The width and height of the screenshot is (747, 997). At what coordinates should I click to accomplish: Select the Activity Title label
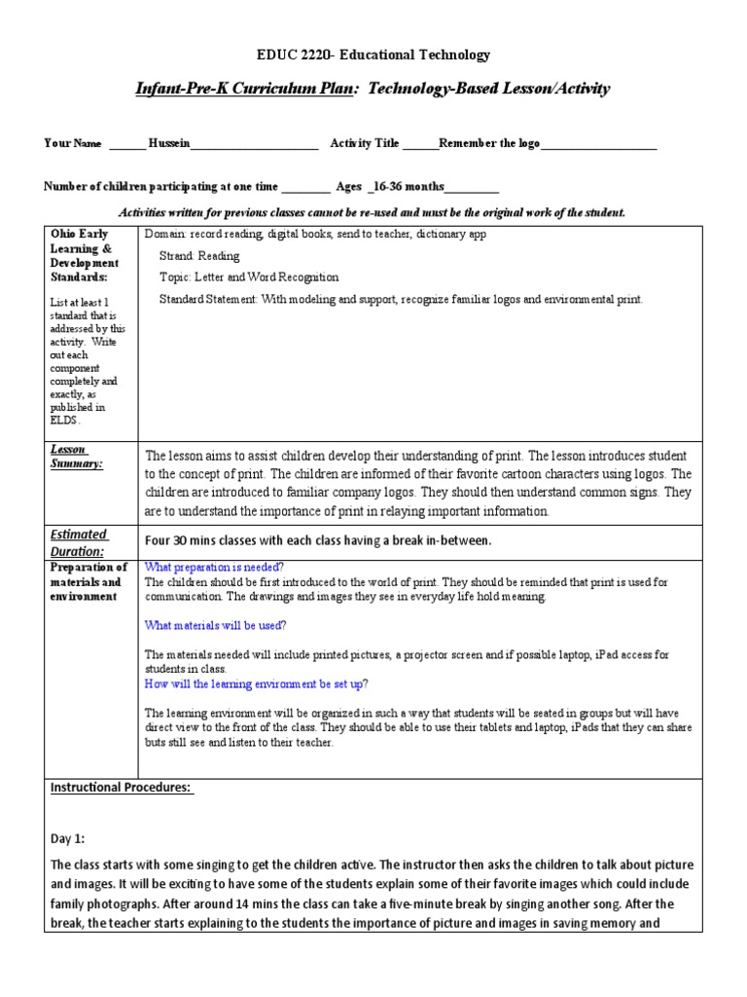[x=365, y=144]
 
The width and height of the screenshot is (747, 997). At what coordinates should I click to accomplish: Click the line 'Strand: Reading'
[x=199, y=256]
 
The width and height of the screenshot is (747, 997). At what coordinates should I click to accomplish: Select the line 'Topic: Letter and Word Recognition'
[x=249, y=277]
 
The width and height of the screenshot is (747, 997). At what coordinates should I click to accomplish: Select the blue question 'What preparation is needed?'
[x=214, y=568]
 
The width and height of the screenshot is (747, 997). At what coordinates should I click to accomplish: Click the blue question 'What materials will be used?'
[x=215, y=625]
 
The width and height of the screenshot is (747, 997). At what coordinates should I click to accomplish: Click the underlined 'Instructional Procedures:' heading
[x=122, y=788]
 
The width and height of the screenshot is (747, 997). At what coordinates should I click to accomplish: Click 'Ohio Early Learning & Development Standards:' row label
[x=84, y=255]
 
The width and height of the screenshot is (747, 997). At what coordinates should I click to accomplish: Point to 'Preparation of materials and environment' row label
[x=88, y=581]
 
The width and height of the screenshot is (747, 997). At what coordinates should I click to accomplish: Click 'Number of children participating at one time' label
[x=161, y=187]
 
